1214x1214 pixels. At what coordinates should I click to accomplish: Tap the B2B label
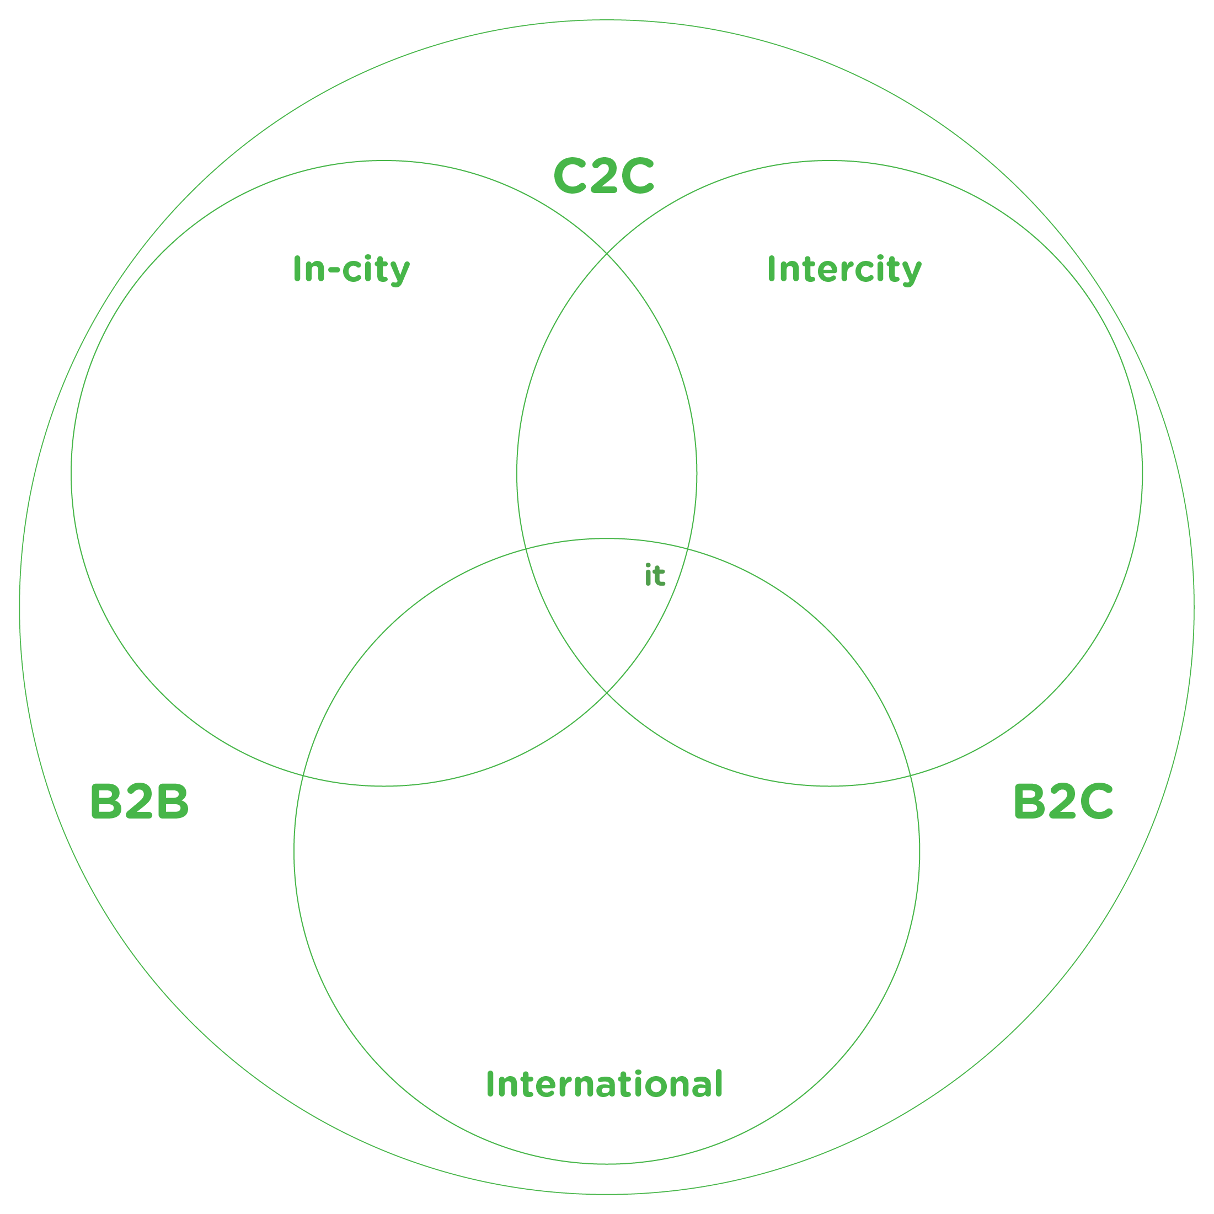click(139, 802)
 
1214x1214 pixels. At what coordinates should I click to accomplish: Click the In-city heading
click(351, 270)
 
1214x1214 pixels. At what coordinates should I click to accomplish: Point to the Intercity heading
click(844, 270)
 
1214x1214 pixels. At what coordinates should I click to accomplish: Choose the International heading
click(605, 1084)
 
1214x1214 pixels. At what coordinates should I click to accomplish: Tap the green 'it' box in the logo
click(655, 574)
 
